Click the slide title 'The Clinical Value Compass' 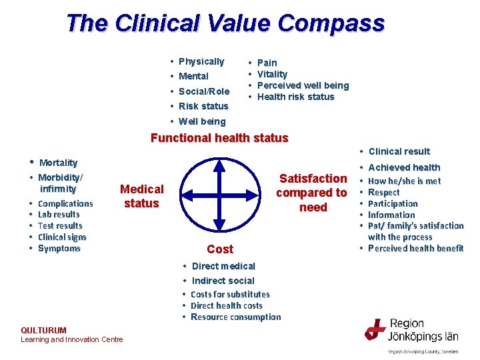225,23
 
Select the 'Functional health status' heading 219,139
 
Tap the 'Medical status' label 141,196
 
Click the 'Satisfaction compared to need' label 313,193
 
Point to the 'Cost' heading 220,249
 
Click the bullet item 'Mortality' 58,163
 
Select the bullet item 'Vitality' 272,74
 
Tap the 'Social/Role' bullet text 204,91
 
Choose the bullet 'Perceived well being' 303,85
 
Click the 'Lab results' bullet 59,215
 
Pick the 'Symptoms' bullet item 59,249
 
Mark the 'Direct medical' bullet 223,266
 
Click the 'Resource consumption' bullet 235,317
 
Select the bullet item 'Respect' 384,193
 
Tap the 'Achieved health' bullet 404,167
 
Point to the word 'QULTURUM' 44,330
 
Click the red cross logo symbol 375,329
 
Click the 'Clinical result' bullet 399,151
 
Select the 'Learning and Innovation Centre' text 72,339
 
